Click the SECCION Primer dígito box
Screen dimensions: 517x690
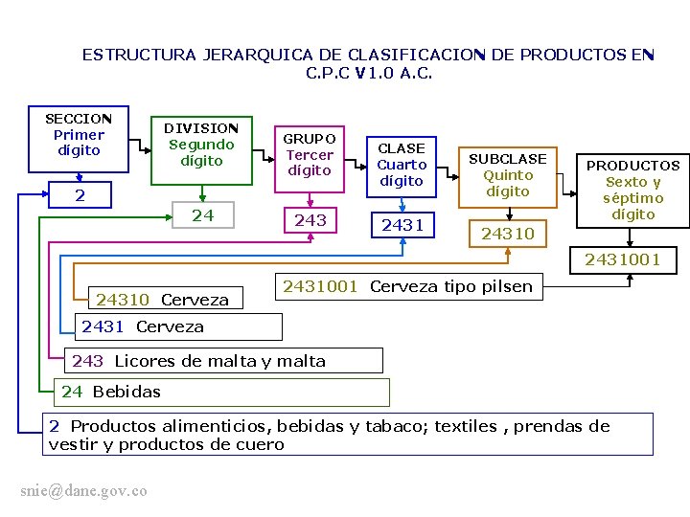tap(79, 135)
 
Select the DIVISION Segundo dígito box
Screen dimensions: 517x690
tap(201, 145)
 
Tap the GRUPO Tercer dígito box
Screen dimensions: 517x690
tap(310, 154)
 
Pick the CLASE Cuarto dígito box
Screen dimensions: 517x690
tap(402, 165)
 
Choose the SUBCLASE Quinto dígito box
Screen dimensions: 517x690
tap(508, 174)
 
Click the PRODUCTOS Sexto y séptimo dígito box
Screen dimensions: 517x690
tap(632, 190)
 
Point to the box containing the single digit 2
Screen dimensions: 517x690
tap(80, 195)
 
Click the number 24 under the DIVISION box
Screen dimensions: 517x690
tap(202, 215)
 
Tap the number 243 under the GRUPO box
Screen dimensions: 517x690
tap(310, 220)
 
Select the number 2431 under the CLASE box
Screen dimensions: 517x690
tap(402, 225)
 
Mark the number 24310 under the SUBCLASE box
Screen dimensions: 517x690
tap(508, 234)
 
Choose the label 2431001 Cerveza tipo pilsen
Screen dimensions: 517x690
tap(407, 285)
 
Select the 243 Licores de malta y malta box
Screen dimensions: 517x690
tap(227, 361)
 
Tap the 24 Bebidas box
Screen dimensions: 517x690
tap(222, 392)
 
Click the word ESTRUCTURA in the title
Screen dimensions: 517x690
tap(139, 55)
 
